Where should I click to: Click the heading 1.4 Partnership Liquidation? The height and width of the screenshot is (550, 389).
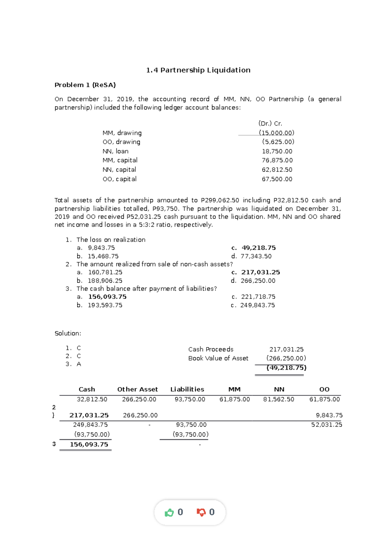(198, 70)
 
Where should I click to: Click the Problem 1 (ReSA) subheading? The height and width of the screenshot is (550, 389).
(85, 85)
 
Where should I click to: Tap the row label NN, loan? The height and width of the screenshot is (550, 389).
(115, 151)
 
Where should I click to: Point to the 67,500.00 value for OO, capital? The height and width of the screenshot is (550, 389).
(277, 179)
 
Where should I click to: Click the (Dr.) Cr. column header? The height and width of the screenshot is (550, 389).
(270, 123)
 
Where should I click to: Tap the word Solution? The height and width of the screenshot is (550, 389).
(68, 333)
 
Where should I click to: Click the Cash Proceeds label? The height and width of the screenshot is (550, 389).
(211, 349)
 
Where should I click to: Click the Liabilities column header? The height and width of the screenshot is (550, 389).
(187, 389)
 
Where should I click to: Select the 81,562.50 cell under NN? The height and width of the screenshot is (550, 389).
(278, 399)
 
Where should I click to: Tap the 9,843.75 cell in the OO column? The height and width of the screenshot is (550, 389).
(329, 415)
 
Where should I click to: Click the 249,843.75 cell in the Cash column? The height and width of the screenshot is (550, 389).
(90, 425)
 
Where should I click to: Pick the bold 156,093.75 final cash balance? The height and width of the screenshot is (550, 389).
(89, 444)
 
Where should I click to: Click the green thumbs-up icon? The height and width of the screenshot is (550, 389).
(169, 512)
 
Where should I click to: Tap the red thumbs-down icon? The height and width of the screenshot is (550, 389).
(201, 512)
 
